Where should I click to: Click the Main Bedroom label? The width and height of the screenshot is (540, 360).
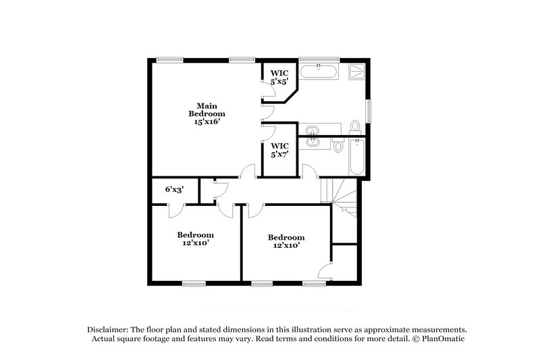click(207, 110)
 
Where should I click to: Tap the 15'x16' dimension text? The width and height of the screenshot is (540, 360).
click(207, 122)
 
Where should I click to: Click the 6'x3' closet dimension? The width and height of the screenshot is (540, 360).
click(174, 190)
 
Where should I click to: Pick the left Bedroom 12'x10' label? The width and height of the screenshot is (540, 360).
click(195, 239)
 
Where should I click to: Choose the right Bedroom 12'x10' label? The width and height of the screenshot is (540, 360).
click(286, 242)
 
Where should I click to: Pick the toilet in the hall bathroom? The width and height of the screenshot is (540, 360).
click(339, 145)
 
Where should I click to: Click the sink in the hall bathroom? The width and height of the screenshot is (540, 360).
click(312, 143)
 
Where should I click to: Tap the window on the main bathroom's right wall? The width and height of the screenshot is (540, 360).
click(369, 110)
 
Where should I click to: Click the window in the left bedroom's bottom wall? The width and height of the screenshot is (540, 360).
click(194, 282)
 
